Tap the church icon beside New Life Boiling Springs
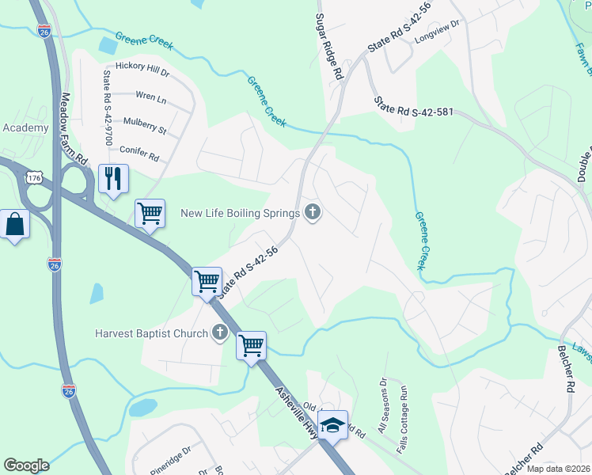coord(313,211)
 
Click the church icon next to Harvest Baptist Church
coord(219,332)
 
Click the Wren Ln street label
coord(151,98)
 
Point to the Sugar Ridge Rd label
coord(330,46)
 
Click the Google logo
coord(26,465)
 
